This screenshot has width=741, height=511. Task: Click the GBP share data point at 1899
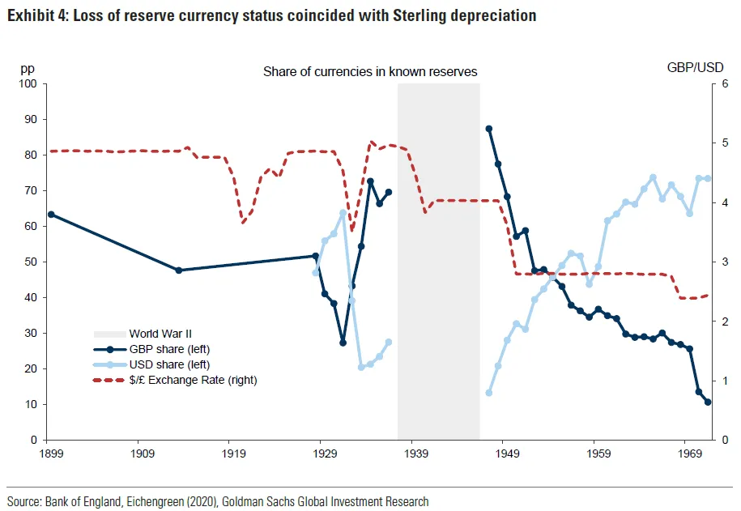[x=51, y=214]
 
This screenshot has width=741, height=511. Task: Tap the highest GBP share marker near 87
[x=489, y=129]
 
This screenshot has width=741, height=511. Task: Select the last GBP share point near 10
[x=708, y=402]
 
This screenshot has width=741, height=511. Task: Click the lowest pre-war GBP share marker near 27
[x=343, y=343]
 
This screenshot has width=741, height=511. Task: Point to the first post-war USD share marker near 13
[x=489, y=393]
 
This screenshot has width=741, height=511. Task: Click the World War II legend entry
[x=160, y=333]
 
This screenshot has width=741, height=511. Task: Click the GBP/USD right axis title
[x=696, y=68]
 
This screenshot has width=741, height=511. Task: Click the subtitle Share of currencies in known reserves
[x=370, y=72]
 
